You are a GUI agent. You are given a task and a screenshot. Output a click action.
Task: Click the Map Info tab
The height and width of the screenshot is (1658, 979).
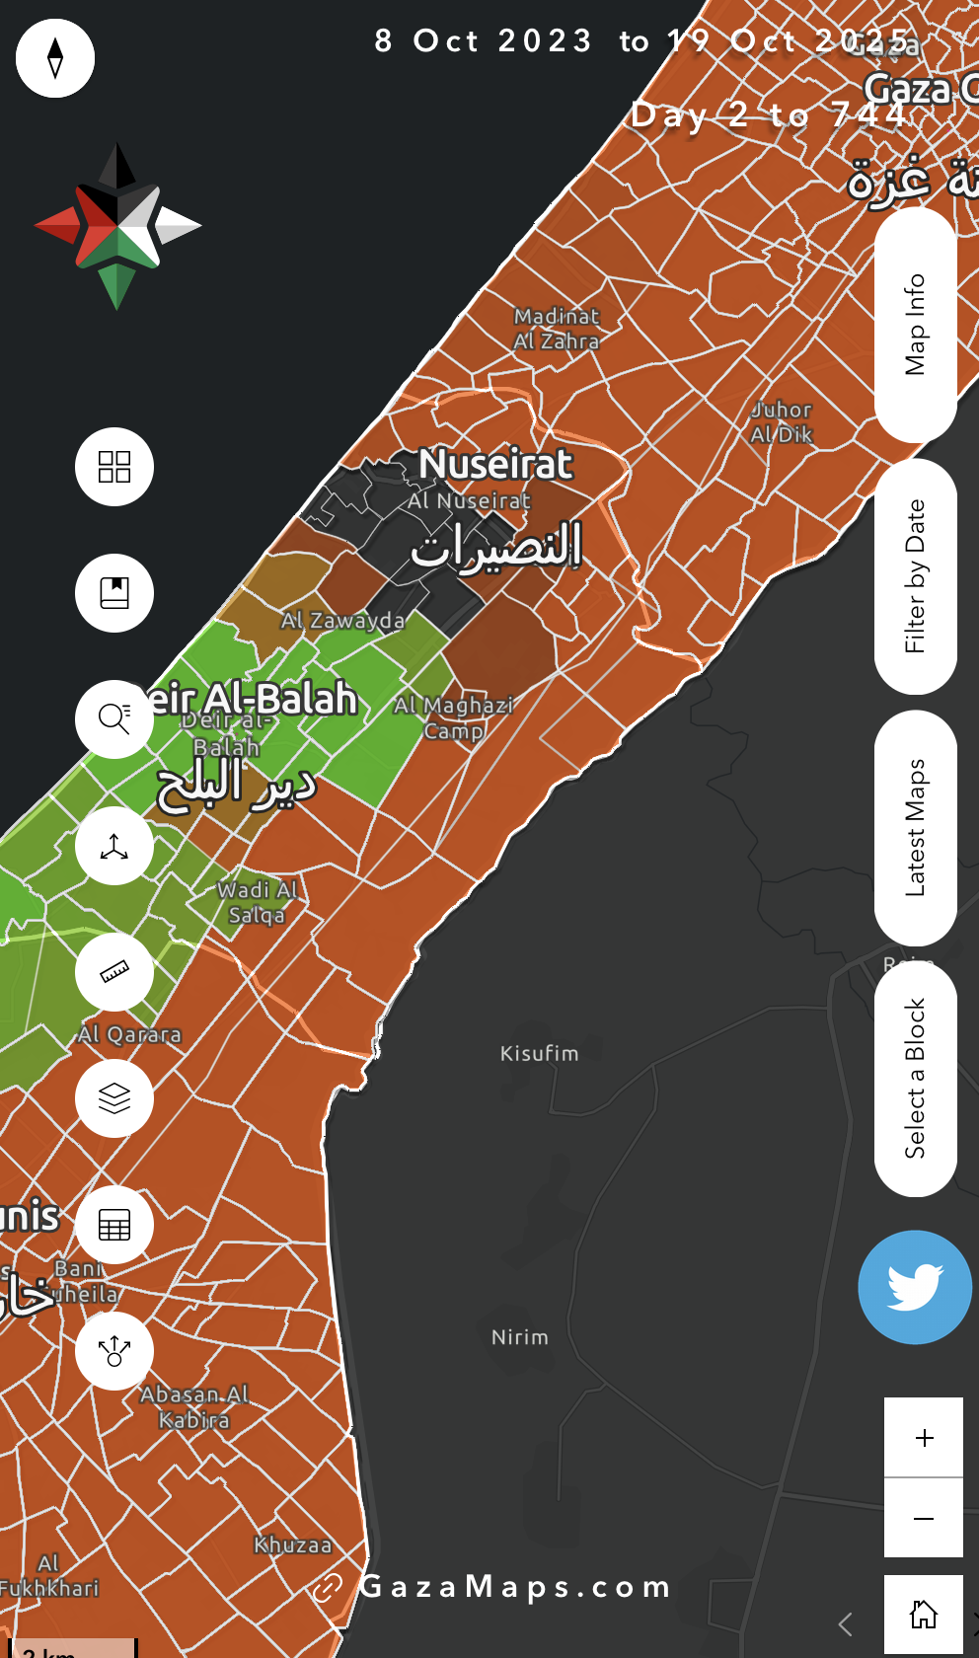[x=916, y=325]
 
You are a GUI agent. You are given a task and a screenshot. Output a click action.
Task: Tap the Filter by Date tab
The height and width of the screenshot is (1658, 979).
[x=916, y=576]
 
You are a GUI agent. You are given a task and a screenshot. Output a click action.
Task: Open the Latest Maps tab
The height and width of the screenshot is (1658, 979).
[x=916, y=828]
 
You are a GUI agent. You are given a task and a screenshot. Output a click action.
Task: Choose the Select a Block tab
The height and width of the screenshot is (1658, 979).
[x=916, y=1079]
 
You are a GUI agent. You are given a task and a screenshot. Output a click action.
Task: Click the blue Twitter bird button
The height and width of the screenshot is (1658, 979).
[x=915, y=1287]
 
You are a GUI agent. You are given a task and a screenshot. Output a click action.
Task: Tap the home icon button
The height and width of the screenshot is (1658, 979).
[x=924, y=1615]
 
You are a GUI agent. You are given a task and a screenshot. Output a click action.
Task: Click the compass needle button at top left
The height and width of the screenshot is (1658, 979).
[x=55, y=58]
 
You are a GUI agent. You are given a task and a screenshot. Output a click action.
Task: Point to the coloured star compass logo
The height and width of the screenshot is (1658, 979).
[x=117, y=226]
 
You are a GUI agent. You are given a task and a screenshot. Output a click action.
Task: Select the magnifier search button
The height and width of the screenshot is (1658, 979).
[x=114, y=719]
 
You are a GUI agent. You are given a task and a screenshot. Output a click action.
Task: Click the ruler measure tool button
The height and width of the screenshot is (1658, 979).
[x=114, y=972]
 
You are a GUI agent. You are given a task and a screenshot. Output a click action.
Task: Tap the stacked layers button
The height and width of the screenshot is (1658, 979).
[x=114, y=1098]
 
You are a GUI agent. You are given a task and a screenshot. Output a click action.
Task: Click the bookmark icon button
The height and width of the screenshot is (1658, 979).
[x=114, y=593]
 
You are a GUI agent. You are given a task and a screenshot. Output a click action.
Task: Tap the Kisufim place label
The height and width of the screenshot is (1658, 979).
[x=539, y=1054]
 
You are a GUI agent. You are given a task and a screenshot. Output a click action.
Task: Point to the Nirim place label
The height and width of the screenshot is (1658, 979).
[x=520, y=1337]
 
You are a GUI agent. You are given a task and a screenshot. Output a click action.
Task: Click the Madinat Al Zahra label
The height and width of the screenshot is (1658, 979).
[x=557, y=329]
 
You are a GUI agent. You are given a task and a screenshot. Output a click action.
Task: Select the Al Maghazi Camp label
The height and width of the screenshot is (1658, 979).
[x=454, y=717]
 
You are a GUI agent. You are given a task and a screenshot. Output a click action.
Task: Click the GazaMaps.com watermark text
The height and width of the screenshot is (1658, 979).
[x=514, y=1586]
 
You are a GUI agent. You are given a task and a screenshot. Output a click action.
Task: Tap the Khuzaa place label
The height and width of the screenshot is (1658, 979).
[x=293, y=1545]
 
